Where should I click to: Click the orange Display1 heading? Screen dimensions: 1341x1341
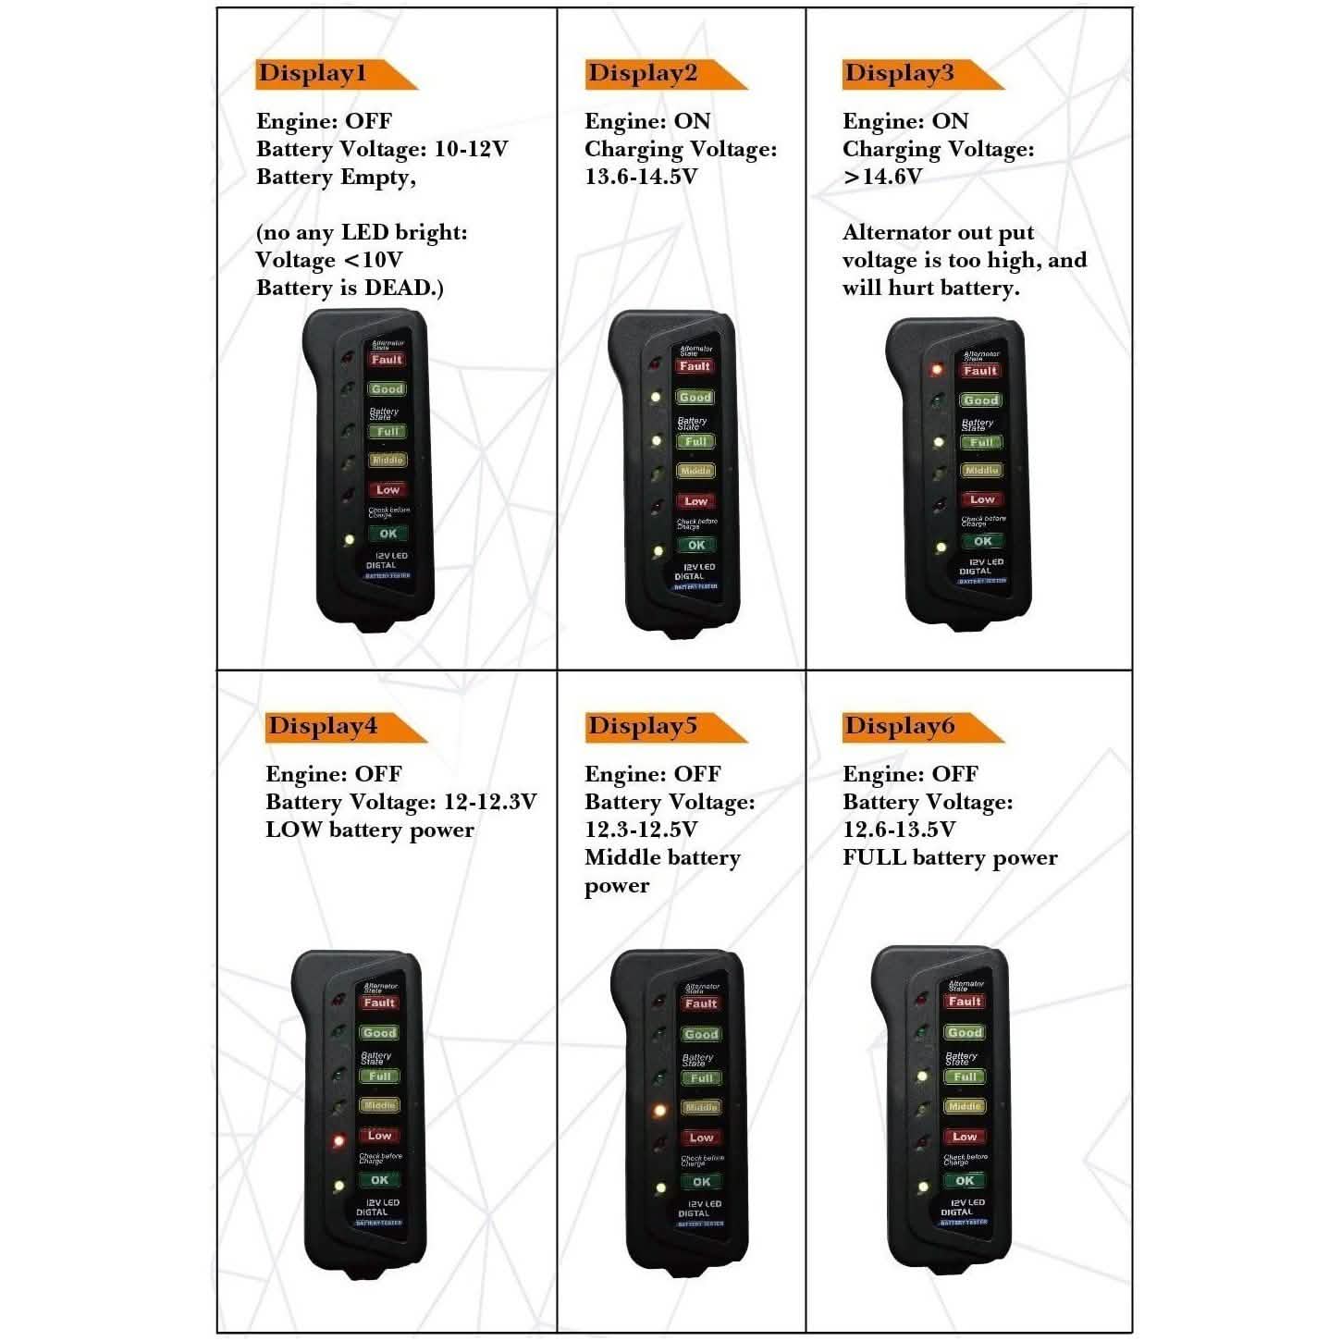pos(313,74)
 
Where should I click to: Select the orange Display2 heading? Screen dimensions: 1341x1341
pos(643,74)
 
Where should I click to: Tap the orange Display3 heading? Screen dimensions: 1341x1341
pos(899,74)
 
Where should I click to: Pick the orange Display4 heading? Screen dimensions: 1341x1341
pos(323,726)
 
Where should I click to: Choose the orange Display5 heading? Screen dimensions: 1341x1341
pos(643,726)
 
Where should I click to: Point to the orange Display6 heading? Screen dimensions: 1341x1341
pos(899,726)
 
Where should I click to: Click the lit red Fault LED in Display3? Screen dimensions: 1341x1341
pos(936,369)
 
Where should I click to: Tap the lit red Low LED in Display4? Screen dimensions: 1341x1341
pos(339,1141)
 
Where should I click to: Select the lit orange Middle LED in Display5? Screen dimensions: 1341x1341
pos(659,1109)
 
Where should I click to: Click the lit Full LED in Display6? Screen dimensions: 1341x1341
pos(922,1076)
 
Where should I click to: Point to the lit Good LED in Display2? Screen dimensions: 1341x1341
pos(655,398)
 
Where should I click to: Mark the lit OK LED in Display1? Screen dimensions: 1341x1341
pos(348,538)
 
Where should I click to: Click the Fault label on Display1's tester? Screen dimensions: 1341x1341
pos(387,360)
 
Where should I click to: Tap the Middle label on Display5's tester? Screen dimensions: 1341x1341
pos(701,1107)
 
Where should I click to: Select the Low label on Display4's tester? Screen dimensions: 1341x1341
pos(380,1136)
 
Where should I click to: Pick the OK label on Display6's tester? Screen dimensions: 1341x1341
pos(965,1181)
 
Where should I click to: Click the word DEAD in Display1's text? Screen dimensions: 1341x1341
pos(399,288)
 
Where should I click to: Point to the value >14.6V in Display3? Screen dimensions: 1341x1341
pos(882,177)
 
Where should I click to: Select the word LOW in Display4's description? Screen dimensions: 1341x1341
pos(293,830)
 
